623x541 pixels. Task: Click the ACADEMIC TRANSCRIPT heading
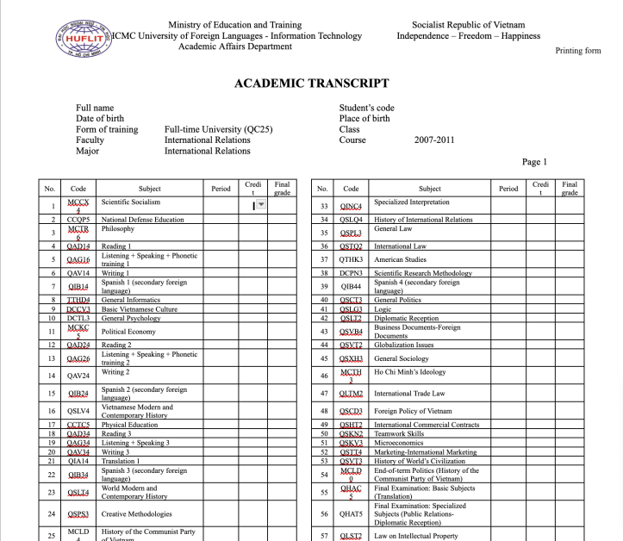[x=311, y=84]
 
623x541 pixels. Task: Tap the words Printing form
[x=577, y=51]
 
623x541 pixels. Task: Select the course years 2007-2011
[x=434, y=140]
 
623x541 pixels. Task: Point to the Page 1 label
[x=534, y=162]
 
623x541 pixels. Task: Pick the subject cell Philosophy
[x=118, y=230]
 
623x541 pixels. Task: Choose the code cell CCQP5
[x=78, y=220]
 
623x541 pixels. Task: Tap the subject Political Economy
[x=128, y=331]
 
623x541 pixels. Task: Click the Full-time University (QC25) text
[x=218, y=129]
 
